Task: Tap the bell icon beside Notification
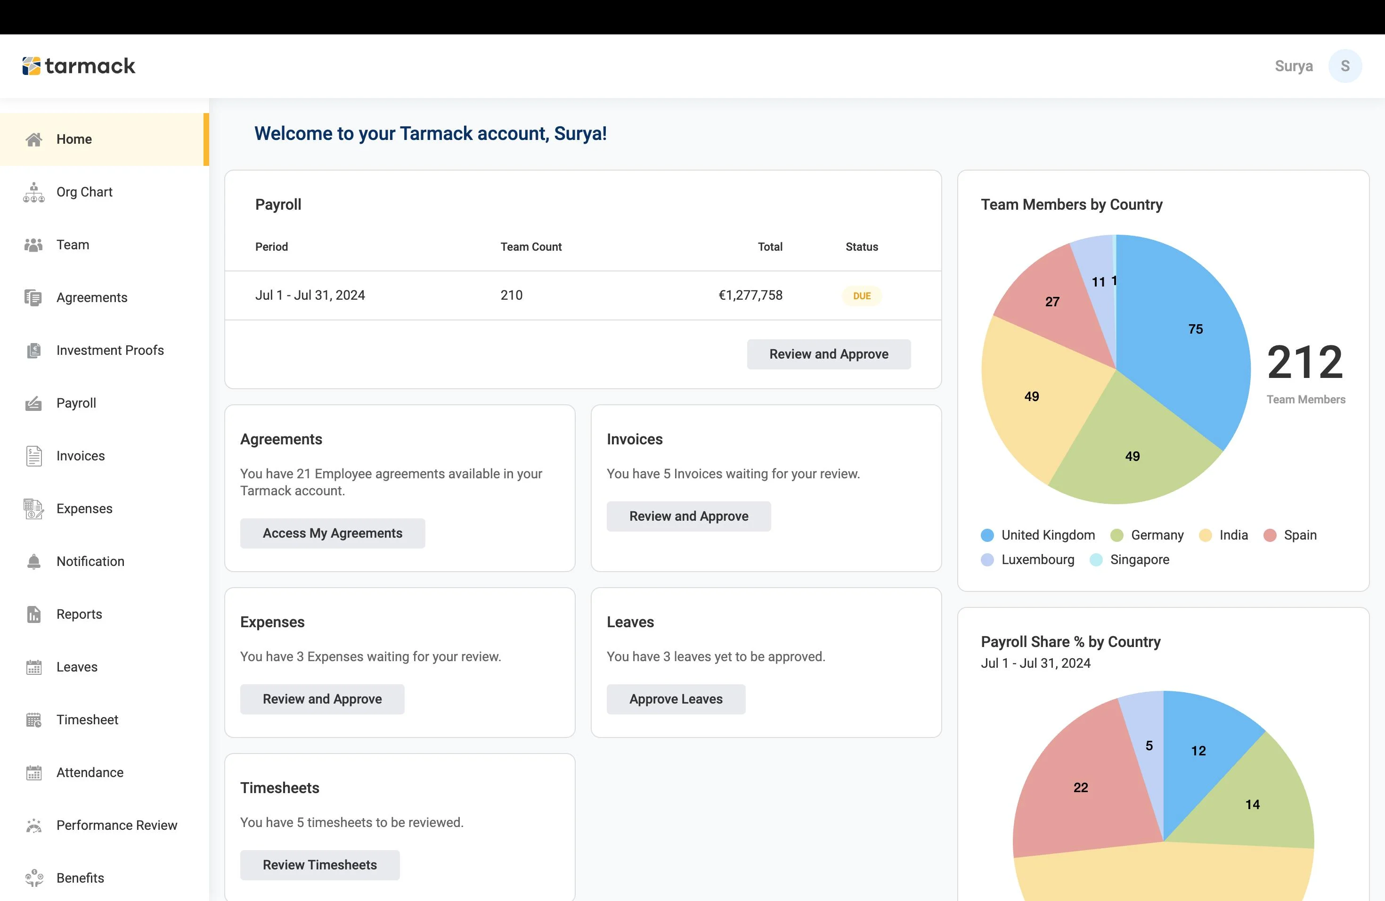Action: click(x=34, y=562)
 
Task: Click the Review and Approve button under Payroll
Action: click(x=829, y=354)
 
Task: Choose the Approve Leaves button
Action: click(x=676, y=699)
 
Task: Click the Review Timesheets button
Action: click(x=319, y=865)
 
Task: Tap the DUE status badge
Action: click(x=862, y=295)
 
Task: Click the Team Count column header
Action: click(x=531, y=247)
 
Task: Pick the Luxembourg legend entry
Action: click(x=1028, y=560)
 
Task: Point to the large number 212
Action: click(x=1305, y=362)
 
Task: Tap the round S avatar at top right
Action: click(x=1345, y=66)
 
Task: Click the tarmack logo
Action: click(x=79, y=66)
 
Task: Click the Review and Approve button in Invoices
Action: click(x=688, y=516)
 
